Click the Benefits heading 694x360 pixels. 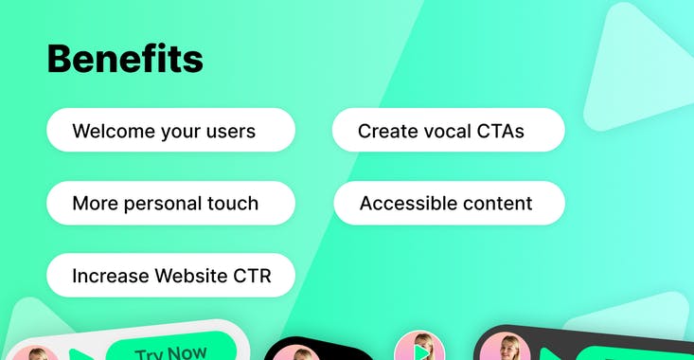tap(125, 59)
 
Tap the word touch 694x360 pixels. tap(233, 204)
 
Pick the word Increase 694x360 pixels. tap(111, 276)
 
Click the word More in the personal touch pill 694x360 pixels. tap(96, 204)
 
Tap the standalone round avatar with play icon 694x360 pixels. tap(419, 347)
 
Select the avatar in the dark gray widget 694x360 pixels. tap(505, 347)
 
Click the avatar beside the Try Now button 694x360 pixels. tap(35, 353)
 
